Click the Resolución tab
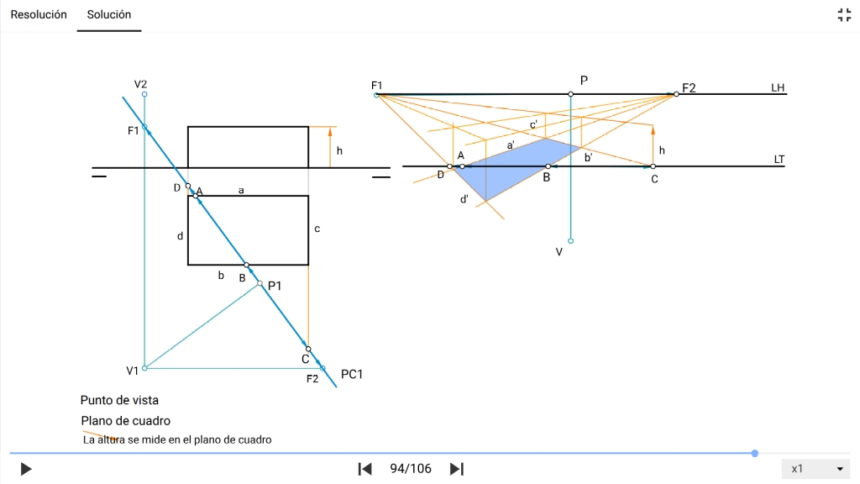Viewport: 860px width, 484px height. [39, 14]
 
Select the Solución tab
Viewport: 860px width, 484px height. [109, 14]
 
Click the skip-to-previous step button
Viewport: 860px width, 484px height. [364, 469]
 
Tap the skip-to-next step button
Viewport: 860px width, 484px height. [457, 469]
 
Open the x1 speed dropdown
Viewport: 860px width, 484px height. [815, 469]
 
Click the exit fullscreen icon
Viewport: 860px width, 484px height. [844, 14]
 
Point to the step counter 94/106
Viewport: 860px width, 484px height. [411, 469]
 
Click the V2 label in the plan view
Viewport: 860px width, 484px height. [141, 84]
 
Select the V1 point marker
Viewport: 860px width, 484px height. [144, 368]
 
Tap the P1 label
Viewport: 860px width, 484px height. [275, 287]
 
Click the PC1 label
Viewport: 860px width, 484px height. [352, 374]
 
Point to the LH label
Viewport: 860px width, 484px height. [778, 88]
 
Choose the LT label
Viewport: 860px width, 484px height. [779, 159]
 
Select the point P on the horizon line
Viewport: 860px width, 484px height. [570, 94]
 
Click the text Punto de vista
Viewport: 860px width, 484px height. [119, 400]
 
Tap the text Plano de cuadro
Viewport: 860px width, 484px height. [126, 420]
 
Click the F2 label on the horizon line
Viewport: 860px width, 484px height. [690, 87]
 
